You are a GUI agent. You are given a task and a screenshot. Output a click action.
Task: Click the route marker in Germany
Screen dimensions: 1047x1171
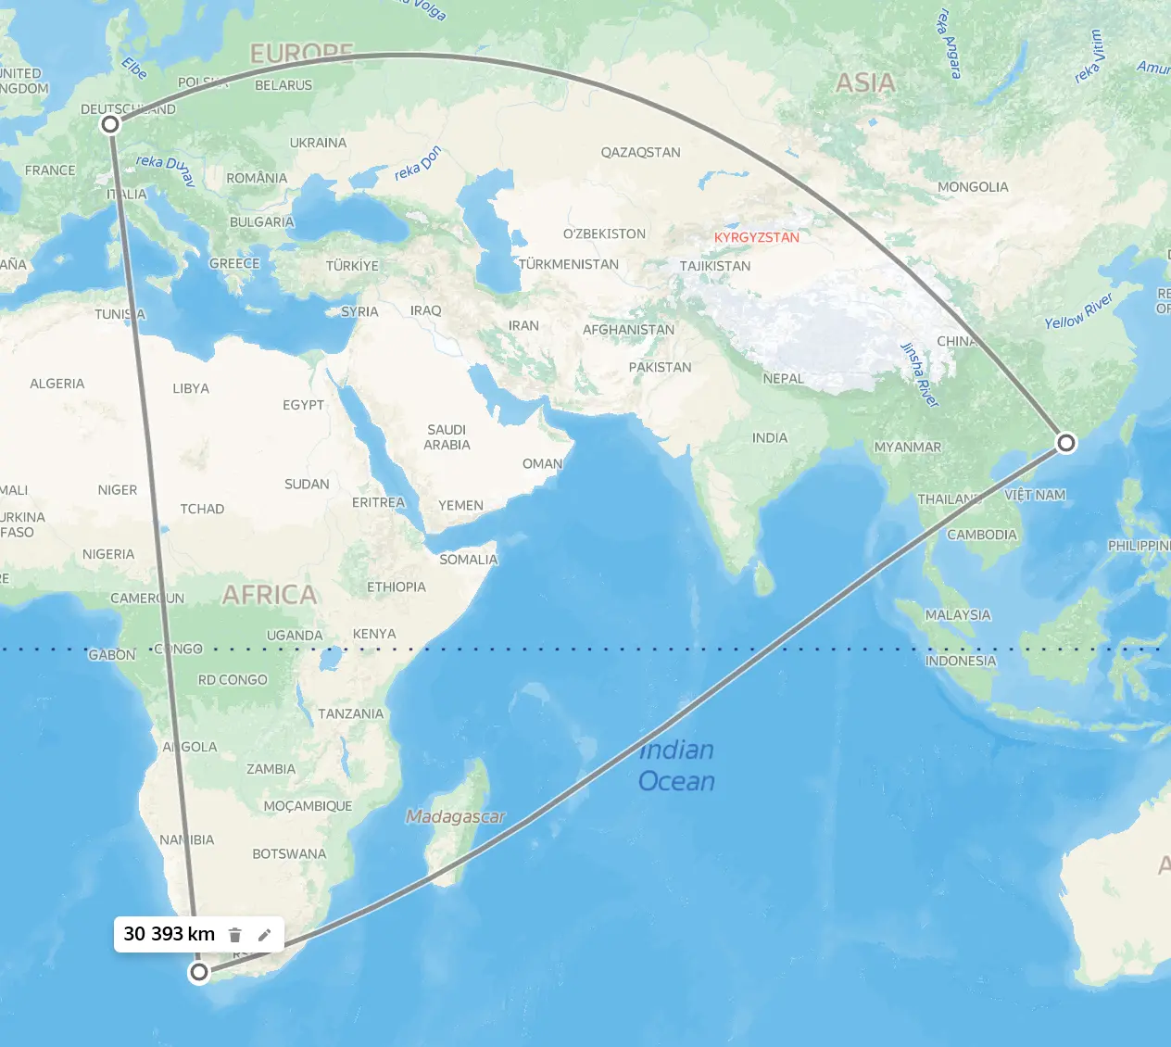click(110, 123)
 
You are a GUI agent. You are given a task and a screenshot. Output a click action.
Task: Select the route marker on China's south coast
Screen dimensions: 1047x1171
click(1066, 443)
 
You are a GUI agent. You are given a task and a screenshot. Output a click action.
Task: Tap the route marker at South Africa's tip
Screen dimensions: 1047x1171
click(199, 972)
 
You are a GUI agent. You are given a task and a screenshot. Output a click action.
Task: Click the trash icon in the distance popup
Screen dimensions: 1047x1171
click(235, 935)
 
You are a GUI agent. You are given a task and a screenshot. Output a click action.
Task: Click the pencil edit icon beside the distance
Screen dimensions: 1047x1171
click(264, 935)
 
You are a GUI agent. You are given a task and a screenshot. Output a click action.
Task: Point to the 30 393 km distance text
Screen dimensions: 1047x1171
click(169, 934)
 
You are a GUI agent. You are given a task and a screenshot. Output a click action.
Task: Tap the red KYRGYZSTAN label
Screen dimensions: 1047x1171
click(756, 237)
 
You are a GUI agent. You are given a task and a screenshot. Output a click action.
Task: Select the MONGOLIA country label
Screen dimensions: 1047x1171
click(972, 187)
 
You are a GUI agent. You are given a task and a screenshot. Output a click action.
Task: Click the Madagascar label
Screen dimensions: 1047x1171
click(456, 816)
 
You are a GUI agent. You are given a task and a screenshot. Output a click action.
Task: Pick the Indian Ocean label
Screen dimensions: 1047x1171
click(676, 765)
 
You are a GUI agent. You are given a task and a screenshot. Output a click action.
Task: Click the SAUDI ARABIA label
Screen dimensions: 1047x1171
click(447, 437)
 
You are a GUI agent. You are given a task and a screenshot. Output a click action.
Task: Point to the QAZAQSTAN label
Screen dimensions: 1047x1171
click(640, 152)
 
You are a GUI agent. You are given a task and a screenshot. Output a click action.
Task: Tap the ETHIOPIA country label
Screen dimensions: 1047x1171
click(396, 587)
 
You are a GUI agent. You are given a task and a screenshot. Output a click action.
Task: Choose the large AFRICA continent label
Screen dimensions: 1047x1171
click(269, 595)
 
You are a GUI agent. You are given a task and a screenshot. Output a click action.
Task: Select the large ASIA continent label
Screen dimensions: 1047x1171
click(865, 83)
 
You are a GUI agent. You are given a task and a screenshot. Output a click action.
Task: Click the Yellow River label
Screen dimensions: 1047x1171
click(1078, 311)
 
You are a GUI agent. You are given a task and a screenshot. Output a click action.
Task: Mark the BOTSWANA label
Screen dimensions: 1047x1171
click(289, 853)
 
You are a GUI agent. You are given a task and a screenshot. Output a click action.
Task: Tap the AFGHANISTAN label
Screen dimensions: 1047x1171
click(628, 330)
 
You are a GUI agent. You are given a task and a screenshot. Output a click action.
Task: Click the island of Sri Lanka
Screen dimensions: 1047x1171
click(762, 580)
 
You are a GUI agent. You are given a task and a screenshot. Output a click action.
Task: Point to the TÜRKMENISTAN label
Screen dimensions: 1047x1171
click(568, 264)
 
